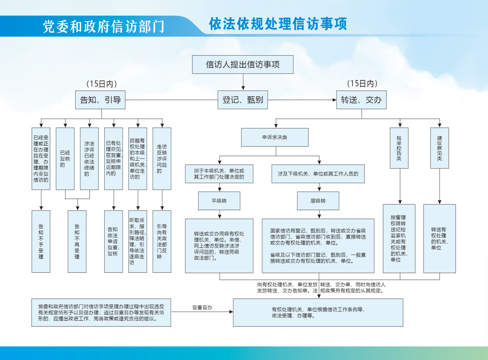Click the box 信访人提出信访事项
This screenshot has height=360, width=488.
tap(242, 64)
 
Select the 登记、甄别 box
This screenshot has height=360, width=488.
tap(242, 100)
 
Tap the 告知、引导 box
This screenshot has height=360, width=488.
tap(100, 100)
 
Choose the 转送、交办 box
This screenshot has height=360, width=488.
tap(361, 100)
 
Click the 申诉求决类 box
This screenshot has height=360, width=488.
tap(274, 137)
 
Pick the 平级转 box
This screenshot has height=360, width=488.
tap(219, 201)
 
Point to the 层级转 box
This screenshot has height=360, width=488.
tap(318, 201)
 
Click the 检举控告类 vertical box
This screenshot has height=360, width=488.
tap(399, 148)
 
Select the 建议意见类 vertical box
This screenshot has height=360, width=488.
tap(439, 148)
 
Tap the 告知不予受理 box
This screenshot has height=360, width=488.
tap(41, 241)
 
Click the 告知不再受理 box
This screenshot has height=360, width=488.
tap(77, 241)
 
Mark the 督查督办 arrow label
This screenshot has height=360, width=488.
tap(202, 307)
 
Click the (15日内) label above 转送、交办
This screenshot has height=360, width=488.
tap(362, 83)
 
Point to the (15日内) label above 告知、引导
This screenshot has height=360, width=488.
tap(101, 84)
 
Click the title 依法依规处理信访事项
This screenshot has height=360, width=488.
tap(278, 24)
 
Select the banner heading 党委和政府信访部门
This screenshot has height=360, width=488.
tap(103, 27)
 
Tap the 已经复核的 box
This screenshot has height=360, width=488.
tap(65, 159)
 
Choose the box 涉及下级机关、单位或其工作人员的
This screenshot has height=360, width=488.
tap(318, 174)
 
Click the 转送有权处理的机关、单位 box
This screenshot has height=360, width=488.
tap(439, 238)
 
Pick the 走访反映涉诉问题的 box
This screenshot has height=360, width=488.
tap(162, 159)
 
